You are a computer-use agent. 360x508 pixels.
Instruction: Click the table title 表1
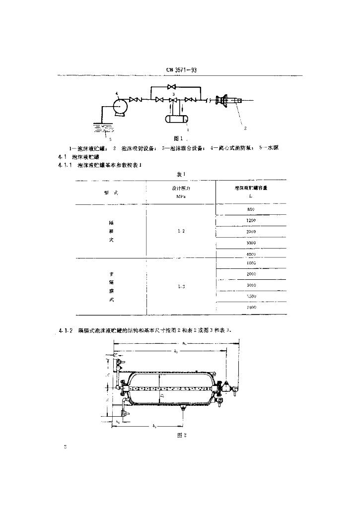coord(180,174)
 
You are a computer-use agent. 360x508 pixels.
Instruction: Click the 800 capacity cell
coord(251,209)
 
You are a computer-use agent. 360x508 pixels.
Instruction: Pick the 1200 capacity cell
coord(251,220)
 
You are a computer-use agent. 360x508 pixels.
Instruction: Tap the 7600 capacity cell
coord(251,308)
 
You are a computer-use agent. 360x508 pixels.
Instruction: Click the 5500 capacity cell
coord(251,297)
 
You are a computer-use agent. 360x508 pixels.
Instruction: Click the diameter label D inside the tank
coord(162,397)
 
